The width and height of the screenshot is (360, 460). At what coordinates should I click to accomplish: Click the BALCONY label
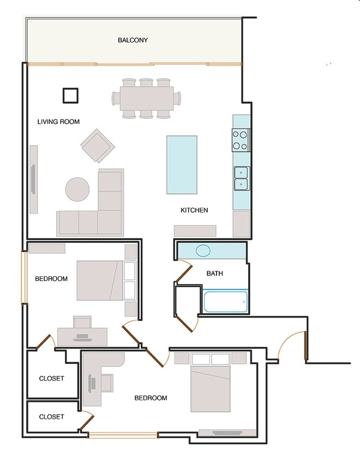click(133, 40)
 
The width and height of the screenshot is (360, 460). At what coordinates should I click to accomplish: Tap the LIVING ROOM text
click(58, 122)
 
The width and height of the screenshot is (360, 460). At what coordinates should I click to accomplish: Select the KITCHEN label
click(194, 210)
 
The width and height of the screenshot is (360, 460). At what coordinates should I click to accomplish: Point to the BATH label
click(214, 273)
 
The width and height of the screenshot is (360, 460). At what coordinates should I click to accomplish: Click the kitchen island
click(182, 165)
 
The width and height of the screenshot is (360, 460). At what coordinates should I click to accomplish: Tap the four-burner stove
click(241, 140)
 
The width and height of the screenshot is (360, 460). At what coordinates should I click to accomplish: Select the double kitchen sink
click(242, 178)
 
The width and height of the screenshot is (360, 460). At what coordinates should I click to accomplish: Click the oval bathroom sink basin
click(203, 251)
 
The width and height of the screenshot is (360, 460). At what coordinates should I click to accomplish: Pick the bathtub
click(225, 302)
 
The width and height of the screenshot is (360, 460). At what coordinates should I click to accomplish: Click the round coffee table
click(77, 189)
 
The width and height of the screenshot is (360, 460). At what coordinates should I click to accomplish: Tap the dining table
click(146, 98)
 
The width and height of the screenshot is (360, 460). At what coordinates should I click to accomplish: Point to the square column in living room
click(71, 95)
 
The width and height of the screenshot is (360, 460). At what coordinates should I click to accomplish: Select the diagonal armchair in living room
click(98, 146)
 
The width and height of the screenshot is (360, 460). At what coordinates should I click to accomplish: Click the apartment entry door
click(306, 345)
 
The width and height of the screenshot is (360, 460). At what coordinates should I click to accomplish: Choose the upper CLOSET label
click(51, 379)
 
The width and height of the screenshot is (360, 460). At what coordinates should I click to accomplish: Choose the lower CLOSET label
click(51, 416)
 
